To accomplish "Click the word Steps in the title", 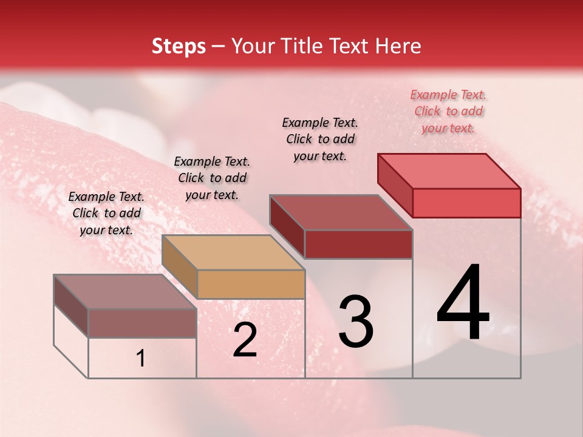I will [179, 46].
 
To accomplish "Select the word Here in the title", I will [398, 46].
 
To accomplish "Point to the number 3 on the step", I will [356, 322].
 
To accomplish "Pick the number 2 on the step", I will [245, 340].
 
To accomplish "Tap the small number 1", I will [141, 359].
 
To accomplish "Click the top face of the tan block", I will [233, 252].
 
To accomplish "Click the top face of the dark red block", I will [341, 212].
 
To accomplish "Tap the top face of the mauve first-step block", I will [124, 291].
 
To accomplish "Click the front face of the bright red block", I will [466, 203].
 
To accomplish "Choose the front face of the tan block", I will [251, 284].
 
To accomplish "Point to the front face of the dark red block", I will [358, 244].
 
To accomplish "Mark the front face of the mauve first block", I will [142, 323].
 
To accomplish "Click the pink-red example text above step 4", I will [448, 111].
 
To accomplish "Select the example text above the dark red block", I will [320, 139].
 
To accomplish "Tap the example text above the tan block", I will [212, 178].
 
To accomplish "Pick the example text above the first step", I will [106, 213].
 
